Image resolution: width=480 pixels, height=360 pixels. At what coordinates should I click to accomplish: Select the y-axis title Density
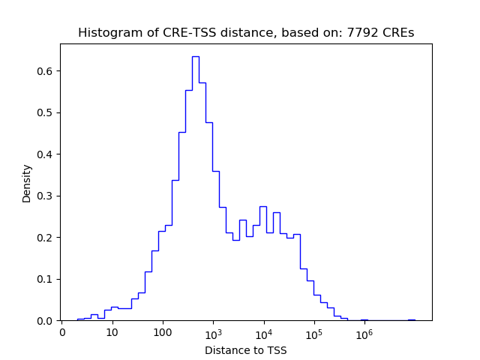[x=27, y=183]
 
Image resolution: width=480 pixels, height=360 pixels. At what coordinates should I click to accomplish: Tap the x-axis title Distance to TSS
[x=246, y=350]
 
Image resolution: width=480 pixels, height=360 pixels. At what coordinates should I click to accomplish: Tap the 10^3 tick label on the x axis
[x=213, y=332]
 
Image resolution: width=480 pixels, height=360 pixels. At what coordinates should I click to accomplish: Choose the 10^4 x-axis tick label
[x=263, y=332]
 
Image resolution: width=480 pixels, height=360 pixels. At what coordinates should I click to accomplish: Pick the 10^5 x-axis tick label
[x=313, y=332]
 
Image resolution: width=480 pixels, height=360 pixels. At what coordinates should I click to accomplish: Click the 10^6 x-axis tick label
[x=364, y=332]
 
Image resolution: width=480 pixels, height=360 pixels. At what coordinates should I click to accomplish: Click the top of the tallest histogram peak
[x=195, y=56]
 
